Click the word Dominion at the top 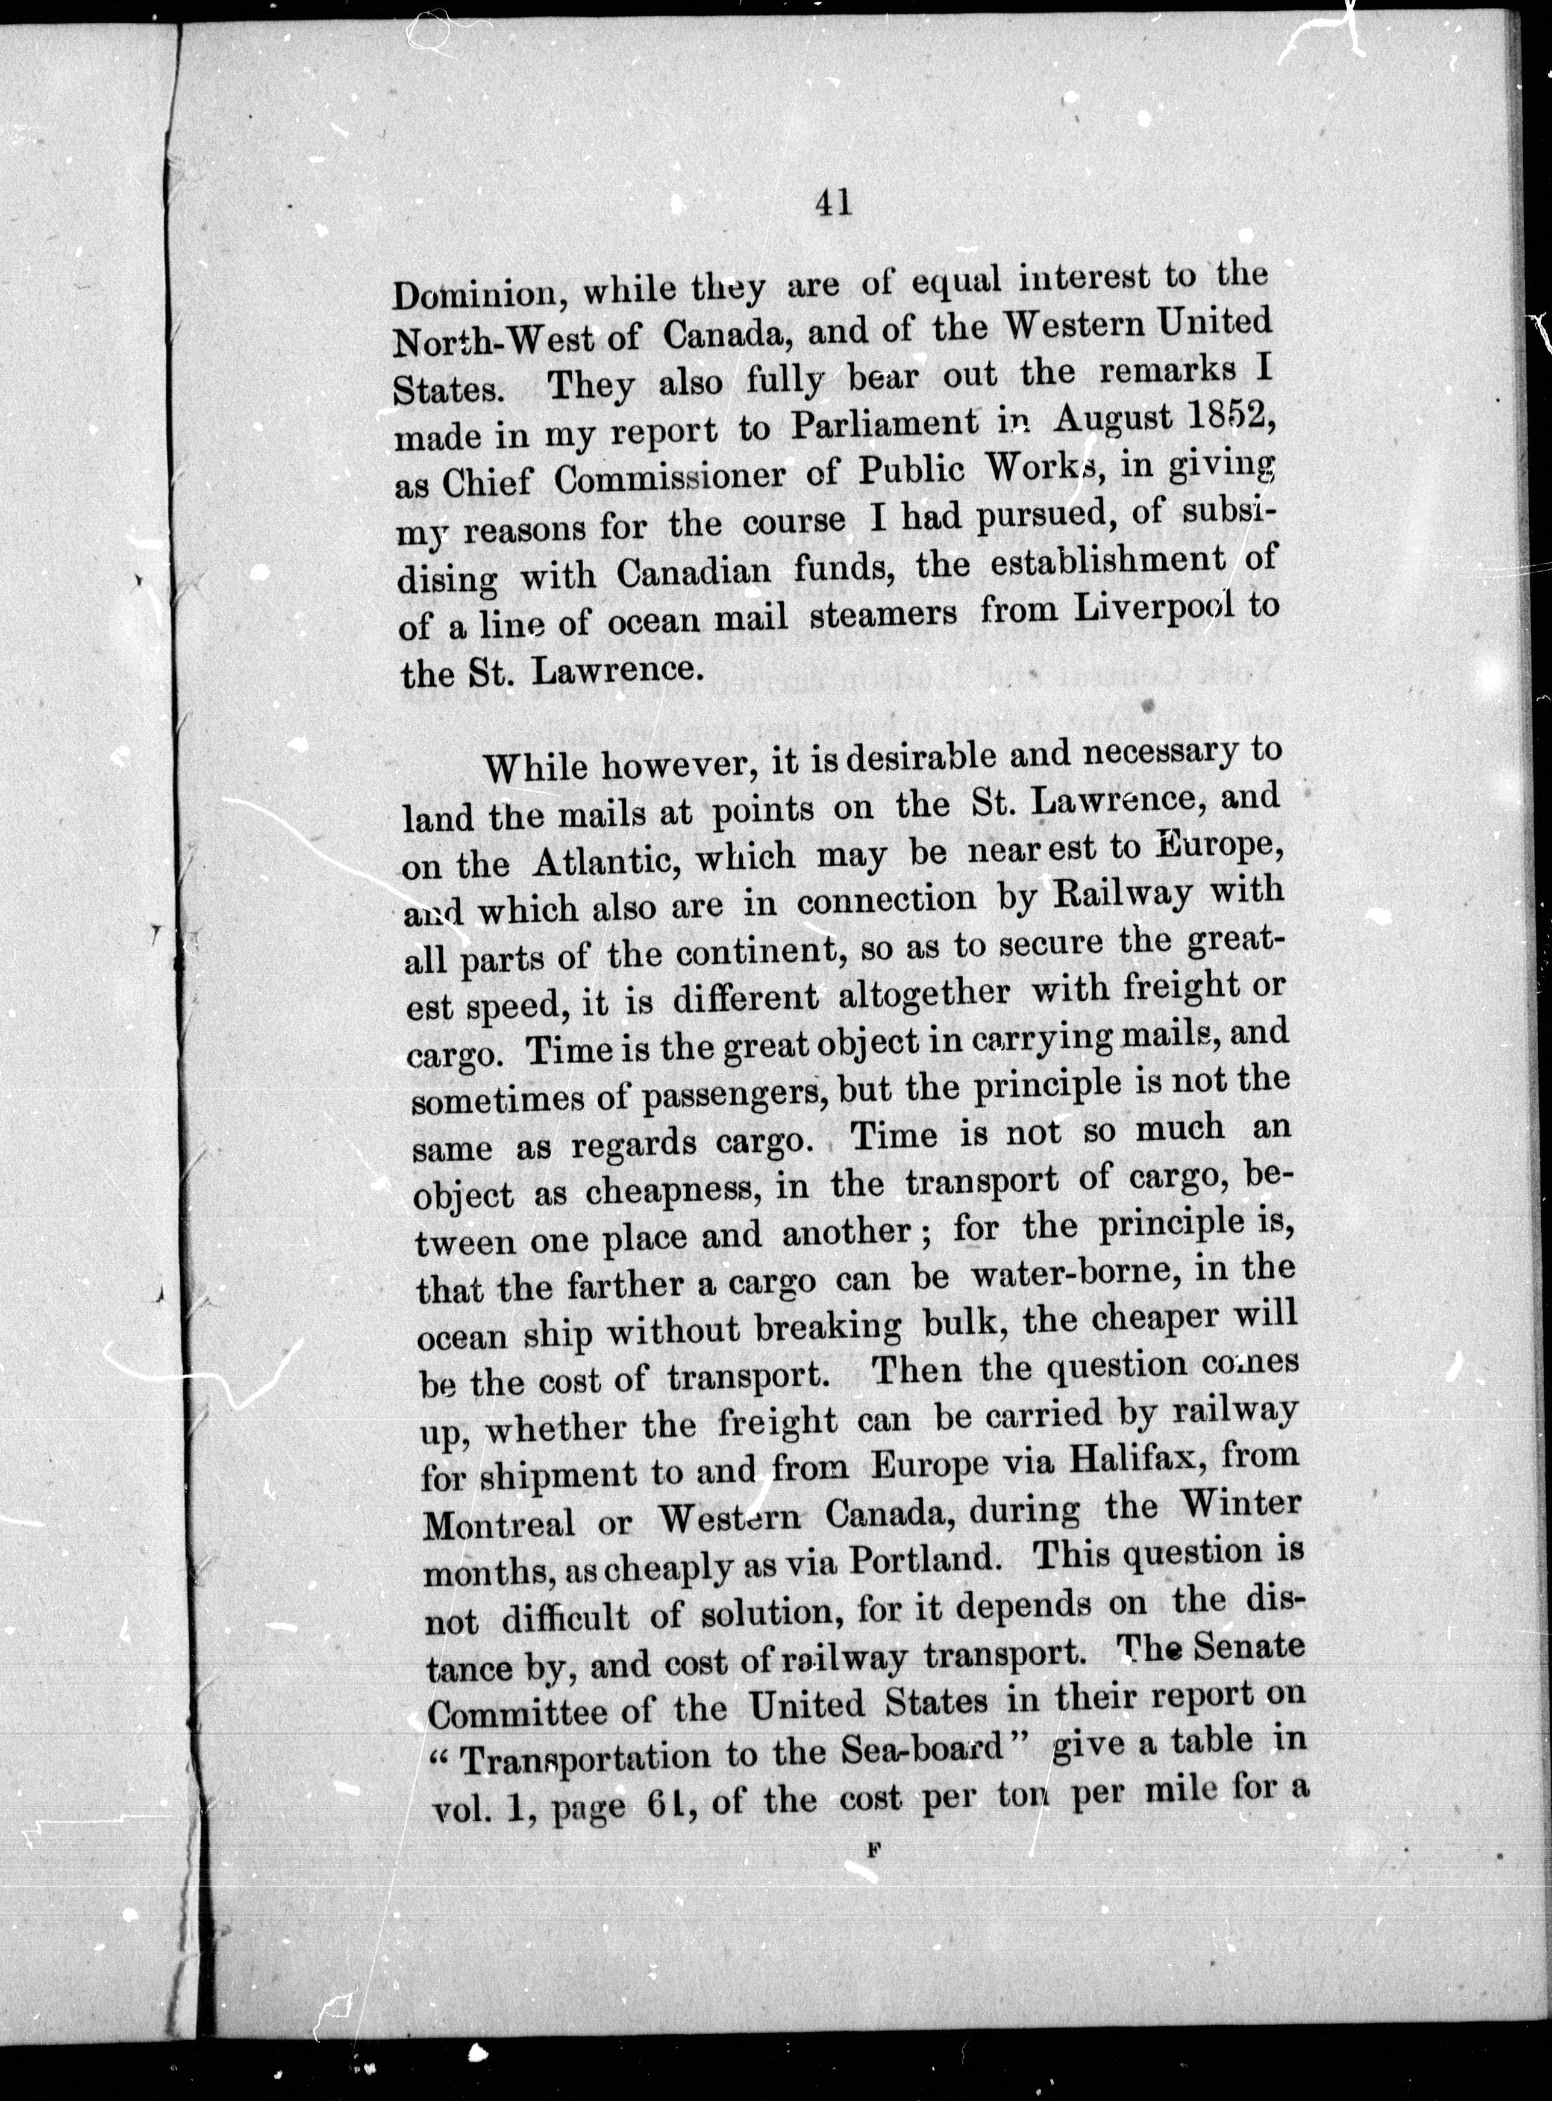click(x=474, y=294)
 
